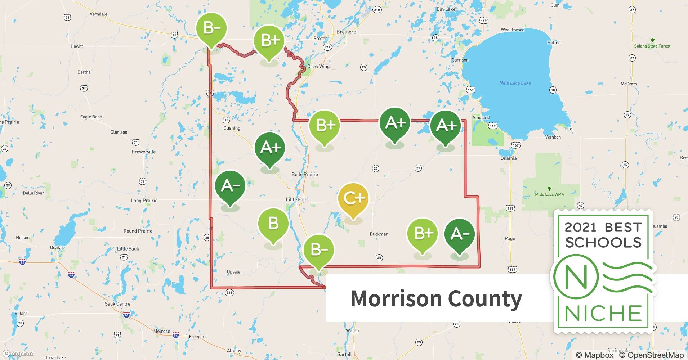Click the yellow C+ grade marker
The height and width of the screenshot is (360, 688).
[x=353, y=199]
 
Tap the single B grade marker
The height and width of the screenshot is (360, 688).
[x=273, y=224]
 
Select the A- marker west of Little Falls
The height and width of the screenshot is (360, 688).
[x=230, y=186]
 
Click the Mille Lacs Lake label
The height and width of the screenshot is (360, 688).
[x=515, y=83]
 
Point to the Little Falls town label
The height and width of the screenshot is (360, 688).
[x=297, y=199]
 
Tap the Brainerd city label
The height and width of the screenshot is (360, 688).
[x=346, y=32]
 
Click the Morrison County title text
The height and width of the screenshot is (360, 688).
[x=436, y=298]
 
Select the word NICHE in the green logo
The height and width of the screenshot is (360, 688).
[x=603, y=313]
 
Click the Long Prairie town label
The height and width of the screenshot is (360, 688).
[x=144, y=201]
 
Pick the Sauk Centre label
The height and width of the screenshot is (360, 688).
[x=117, y=304]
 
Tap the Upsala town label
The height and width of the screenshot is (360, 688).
[x=233, y=272]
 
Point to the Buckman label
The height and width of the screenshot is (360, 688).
[x=379, y=234]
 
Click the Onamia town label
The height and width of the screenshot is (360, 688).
[x=508, y=158]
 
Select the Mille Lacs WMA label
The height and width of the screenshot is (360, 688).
[x=549, y=194]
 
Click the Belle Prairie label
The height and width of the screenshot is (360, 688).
[x=305, y=174]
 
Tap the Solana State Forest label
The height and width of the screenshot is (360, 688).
[x=652, y=46]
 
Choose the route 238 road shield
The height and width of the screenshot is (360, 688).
[x=229, y=292]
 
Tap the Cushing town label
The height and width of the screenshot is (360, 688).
[x=232, y=128]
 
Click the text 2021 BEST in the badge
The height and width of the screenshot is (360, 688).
[x=603, y=228]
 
